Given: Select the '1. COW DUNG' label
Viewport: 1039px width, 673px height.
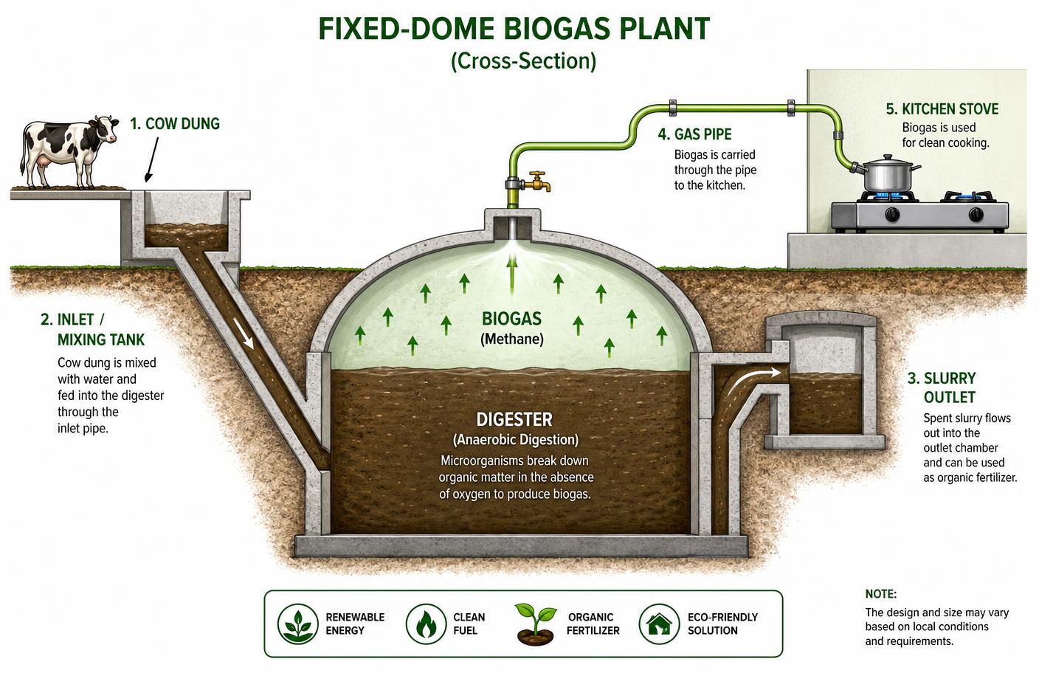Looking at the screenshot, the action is pyautogui.click(x=175, y=124).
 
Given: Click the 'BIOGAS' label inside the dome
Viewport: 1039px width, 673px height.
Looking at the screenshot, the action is pyautogui.click(x=511, y=319).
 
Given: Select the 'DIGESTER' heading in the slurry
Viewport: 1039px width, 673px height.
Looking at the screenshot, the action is pyautogui.click(x=514, y=420).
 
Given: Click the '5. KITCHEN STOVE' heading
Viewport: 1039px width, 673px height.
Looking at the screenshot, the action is pyautogui.click(x=942, y=109).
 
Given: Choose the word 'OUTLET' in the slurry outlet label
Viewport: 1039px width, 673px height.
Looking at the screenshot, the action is pyautogui.click(x=950, y=398).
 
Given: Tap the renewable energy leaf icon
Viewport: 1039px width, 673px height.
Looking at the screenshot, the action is pyautogui.click(x=298, y=624).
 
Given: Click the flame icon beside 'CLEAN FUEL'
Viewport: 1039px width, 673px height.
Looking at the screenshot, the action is pyautogui.click(x=426, y=624).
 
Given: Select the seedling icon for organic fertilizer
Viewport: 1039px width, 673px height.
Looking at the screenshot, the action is pyautogui.click(x=536, y=624).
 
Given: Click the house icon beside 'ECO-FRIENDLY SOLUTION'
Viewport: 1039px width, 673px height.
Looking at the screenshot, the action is pyautogui.click(x=659, y=624).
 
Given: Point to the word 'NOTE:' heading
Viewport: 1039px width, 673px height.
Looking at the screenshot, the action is pyautogui.click(x=881, y=594).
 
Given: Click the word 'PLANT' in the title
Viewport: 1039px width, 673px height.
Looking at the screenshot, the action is pyautogui.click(x=665, y=29).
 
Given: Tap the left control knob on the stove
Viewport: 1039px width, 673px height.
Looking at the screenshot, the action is pyautogui.click(x=892, y=214).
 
